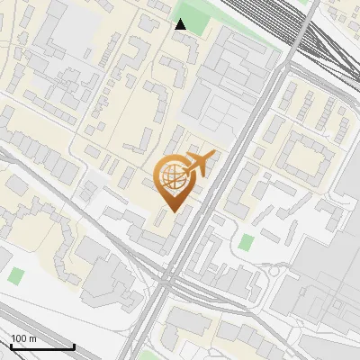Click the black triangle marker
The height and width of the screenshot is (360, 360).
[181, 24]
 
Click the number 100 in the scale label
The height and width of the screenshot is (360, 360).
[19, 338]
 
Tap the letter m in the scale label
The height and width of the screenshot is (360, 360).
[32, 338]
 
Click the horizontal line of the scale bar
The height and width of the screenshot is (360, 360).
[41, 346]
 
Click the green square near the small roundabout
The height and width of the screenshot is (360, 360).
[246, 242]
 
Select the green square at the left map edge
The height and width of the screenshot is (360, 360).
[15, 274]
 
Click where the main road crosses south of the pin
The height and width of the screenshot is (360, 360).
[167, 284]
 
